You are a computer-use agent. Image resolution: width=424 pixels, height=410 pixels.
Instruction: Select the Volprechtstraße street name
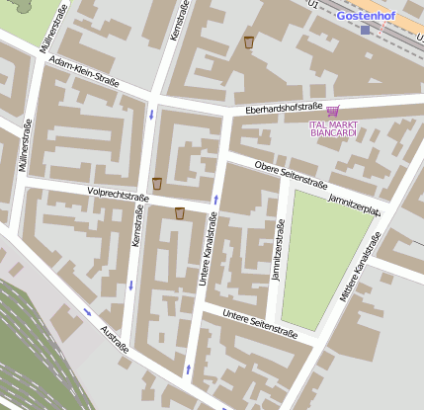coord(118,196)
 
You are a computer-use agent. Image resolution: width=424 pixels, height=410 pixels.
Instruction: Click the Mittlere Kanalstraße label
coord(361,268)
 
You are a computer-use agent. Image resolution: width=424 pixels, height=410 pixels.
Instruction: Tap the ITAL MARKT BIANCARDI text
coord(333,130)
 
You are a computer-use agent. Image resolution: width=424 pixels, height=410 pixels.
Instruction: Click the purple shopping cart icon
coord(332,112)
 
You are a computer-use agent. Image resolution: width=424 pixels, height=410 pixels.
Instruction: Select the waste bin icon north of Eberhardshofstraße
coord(249,42)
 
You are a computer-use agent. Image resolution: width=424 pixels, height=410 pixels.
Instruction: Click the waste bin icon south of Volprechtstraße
coord(180,213)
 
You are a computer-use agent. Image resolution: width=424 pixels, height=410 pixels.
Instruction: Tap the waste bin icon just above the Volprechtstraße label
coord(157,183)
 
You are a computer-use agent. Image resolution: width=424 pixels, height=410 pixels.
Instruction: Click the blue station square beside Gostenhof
coord(365,30)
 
